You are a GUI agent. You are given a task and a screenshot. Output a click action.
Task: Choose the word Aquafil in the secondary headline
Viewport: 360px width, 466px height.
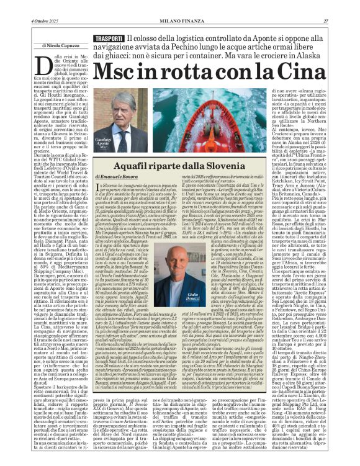pos(132,166)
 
